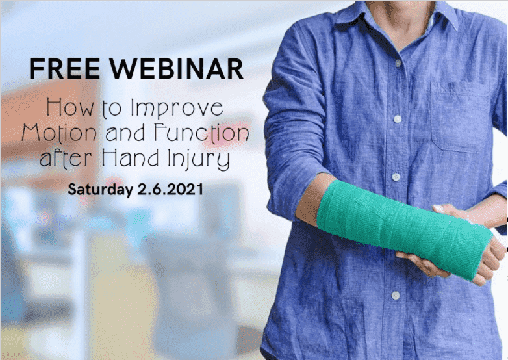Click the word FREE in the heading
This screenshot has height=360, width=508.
coord(64,69)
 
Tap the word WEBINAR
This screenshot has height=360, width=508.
coord(176,69)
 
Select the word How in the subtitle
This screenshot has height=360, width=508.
coord(70,108)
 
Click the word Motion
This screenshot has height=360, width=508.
coord(59,132)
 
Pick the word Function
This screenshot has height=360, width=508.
coord(201,133)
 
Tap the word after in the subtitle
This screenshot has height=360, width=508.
coord(66,158)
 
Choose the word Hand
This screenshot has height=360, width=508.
coord(131,157)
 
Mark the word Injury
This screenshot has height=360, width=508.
coord(199,159)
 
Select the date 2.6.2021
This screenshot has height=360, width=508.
coord(170,189)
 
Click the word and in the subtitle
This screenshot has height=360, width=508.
coord(125,133)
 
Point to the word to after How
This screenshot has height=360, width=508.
coord(112,109)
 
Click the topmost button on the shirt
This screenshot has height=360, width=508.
coord(398,63)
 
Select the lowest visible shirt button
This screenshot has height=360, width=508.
coord(396,295)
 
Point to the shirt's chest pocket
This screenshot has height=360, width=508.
coord(463,117)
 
